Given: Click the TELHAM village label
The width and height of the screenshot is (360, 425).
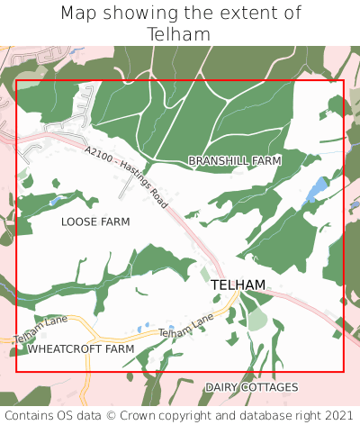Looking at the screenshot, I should [x=238, y=285].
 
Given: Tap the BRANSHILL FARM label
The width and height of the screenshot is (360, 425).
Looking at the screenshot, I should [x=234, y=160].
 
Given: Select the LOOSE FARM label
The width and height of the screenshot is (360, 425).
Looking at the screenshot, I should [x=95, y=222].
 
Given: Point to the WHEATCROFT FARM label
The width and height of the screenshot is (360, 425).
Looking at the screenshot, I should [x=81, y=348].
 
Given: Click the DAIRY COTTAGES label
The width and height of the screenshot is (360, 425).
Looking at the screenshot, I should [x=251, y=387].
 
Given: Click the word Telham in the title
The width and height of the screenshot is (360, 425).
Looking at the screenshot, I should [x=180, y=34].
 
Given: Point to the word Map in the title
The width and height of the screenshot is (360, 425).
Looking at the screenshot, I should [x=79, y=14].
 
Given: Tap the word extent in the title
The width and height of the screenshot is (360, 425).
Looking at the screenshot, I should [x=240, y=14].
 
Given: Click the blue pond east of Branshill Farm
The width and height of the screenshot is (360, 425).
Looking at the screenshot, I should [x=316, y=190].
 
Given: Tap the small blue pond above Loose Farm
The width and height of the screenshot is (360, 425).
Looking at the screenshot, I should [x=57, y=202].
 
